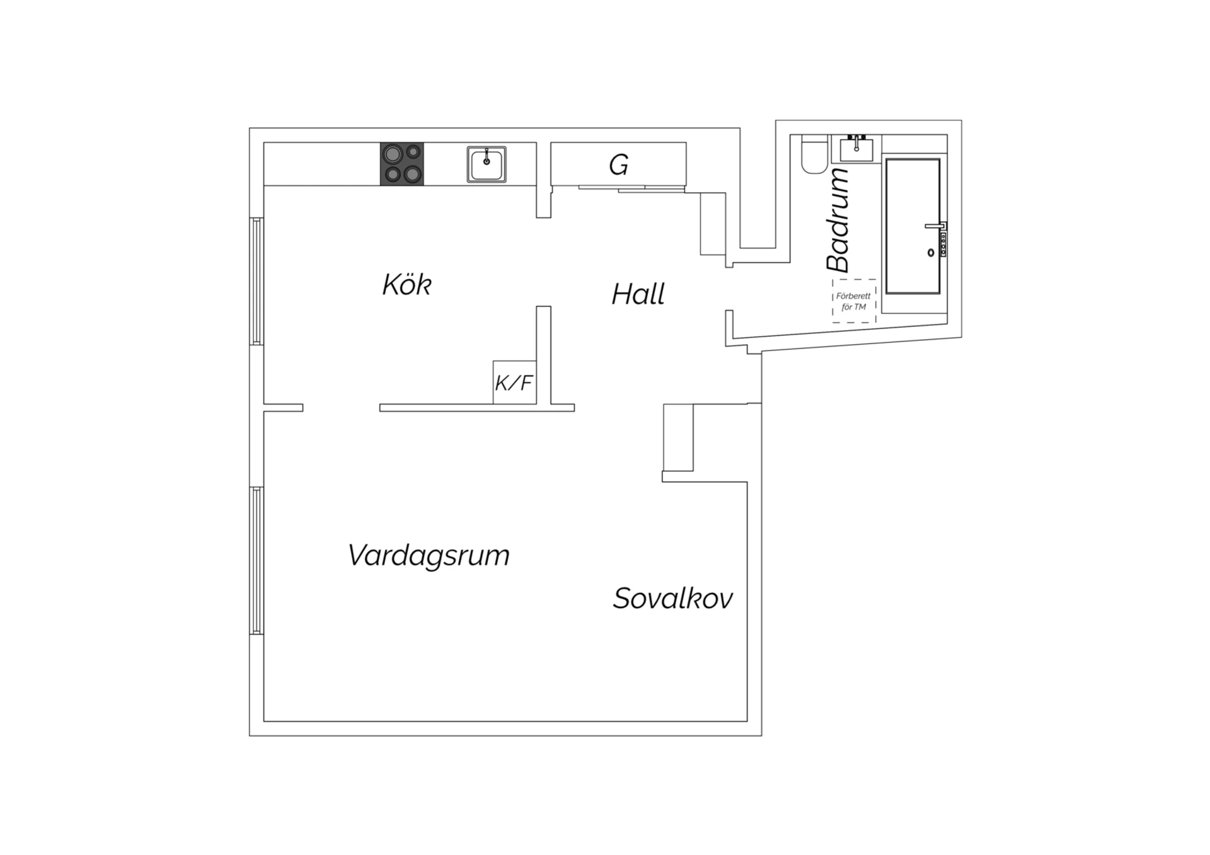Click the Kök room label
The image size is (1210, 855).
coord(406,285)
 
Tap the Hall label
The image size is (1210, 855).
coord(638,294)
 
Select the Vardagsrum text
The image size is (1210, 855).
coord(429,556)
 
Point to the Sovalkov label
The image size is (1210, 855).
coord(673,598)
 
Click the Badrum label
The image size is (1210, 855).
coord(838,220)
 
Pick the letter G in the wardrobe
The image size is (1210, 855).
coord(618,165)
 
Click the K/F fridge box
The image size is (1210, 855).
coord(514,382)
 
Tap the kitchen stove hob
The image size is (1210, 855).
coord(402,164)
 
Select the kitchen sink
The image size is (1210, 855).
coord(487,164)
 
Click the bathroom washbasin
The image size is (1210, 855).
coord(856,148)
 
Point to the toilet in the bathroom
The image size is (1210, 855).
coord(814,154)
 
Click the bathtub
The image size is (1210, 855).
coord(913,226)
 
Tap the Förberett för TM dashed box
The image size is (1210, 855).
coord(854,301)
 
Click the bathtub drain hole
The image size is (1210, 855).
coord(931,253)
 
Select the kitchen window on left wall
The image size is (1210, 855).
coord(256,281)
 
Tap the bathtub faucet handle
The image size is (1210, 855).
coord(934,226)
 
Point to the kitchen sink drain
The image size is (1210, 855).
coord(487,161)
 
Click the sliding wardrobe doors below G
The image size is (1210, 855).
coord(632,188)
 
